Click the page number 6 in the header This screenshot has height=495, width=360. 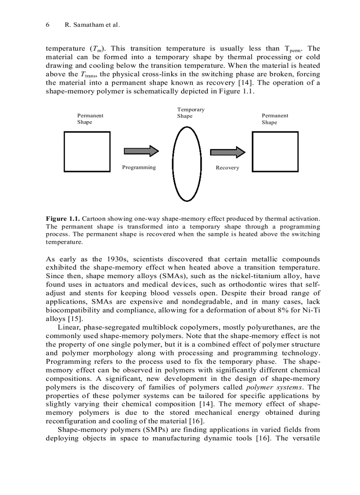click(48, 25)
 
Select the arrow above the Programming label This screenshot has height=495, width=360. click(141, 151)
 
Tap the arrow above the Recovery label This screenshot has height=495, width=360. click(227, 153)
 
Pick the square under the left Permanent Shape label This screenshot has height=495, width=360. click(87, 152)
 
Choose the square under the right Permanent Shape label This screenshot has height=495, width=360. click(269, 152)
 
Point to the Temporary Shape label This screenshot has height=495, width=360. click(191, 113)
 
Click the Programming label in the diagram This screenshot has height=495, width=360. click(139, 167)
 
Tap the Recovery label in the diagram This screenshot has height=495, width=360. click(227, 168)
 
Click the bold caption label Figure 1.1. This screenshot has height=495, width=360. click(63, 219)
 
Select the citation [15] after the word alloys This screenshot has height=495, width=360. click(71, 319)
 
